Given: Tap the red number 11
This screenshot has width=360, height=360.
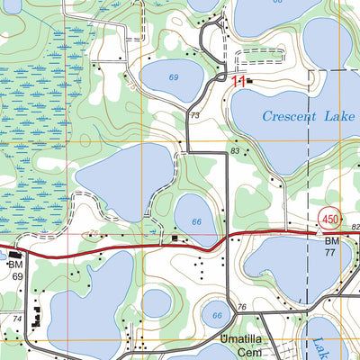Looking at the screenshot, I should click(238, 81).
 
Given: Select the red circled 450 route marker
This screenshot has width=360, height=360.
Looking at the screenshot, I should click(329, 220).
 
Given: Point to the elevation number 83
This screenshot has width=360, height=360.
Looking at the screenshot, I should click(235, 151).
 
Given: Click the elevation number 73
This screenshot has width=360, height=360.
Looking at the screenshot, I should click(194, 117).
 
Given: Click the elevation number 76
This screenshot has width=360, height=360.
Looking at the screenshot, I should click(241, 309).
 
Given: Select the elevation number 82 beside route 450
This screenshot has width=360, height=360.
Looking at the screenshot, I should click(355, 227).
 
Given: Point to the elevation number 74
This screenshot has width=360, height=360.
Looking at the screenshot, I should click(16, 319).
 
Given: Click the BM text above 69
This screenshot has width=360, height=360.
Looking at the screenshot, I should click(14, 265).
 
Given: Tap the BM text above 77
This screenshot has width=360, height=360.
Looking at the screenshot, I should click(331, 243).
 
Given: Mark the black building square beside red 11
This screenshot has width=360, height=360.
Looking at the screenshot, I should click(250, 82).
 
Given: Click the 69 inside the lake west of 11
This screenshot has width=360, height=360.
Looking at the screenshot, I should click(173, 77).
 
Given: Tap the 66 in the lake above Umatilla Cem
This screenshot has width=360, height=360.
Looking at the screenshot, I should click(216, 316).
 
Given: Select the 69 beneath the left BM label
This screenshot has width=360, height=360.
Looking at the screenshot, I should click(17, 277).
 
